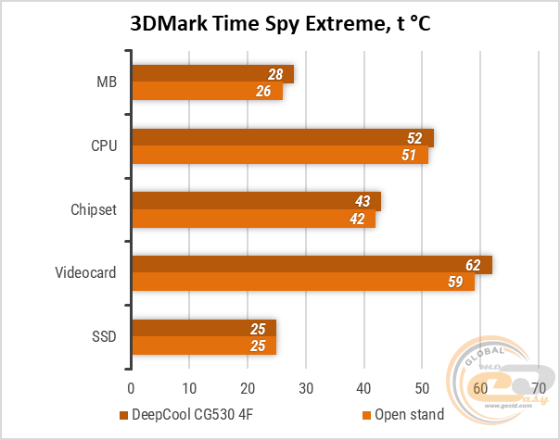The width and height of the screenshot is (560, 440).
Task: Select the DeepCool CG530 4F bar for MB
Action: (x=212, y=74)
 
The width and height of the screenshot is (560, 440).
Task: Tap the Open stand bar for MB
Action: (x=207, y=91)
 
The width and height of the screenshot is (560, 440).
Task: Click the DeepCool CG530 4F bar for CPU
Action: (x=282, y=138)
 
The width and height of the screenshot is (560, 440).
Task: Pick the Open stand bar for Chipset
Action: (x=253, y=219)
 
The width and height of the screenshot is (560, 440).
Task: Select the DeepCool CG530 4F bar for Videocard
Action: (x=312, y=265)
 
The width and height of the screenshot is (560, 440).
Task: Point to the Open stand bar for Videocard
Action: (x=302, y=282)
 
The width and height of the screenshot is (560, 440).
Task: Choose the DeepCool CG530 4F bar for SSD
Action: (x=204, y=329)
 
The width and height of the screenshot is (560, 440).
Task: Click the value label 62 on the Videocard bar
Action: (x=473, y=265)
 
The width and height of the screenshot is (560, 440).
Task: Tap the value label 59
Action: (x=455, y=282)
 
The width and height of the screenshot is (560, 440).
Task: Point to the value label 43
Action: (x=363, y=201)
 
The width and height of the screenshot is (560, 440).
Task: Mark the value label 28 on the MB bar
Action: (x=274, y=74)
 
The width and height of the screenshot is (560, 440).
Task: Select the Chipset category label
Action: (x=94, y=209)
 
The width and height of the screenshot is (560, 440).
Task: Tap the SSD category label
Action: (x=104, y=337)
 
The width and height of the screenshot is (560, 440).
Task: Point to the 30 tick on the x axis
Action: (x=306, y=386)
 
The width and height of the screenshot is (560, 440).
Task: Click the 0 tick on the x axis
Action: (x=132, y=386)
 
